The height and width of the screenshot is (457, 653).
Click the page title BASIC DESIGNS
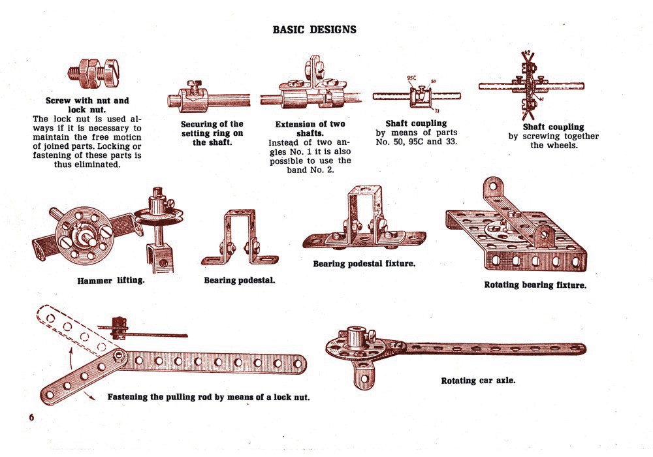click(314, 29)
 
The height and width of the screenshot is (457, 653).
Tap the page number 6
click(31, 417)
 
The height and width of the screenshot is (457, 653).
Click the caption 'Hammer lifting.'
click(110, 281)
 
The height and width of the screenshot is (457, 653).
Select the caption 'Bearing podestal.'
click(240, 280)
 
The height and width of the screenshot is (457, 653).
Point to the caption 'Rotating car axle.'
click(478, 380)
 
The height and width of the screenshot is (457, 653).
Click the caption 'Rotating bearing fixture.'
click(535, 285)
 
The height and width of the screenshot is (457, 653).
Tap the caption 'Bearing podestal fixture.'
click(364, 264)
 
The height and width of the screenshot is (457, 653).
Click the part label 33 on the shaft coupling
click(437, 111)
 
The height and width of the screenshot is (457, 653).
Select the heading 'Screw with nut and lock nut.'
click(87, 106)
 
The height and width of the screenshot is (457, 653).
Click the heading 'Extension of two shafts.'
click(310, 128)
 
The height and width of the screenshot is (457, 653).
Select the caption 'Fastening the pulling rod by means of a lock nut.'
click(208, 397)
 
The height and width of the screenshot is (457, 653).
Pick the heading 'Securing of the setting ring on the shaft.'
click(212, 133)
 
